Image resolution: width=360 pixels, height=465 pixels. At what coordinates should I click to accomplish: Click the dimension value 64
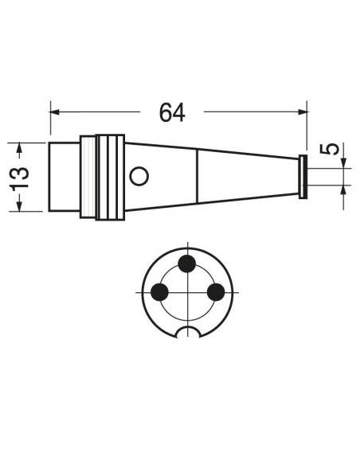click(172, 112)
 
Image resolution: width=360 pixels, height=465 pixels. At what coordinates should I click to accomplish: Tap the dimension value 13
click(20, 178)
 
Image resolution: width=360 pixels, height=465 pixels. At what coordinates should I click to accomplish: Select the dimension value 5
click(329, 149)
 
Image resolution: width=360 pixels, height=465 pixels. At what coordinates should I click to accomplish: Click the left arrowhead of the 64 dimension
click(54, 112)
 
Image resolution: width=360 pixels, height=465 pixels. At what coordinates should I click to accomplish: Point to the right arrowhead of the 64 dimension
click(303, 111)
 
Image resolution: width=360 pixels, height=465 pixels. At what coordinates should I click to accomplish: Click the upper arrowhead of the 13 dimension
click(20, 147)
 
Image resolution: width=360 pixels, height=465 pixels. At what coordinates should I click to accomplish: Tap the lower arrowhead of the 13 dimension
click(20, 206)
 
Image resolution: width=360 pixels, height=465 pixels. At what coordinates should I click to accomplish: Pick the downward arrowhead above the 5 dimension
click(344, 163)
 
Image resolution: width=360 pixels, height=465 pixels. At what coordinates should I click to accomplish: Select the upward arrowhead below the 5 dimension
click(344, 190)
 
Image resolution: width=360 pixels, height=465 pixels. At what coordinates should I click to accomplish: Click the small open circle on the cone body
click(139, 177)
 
